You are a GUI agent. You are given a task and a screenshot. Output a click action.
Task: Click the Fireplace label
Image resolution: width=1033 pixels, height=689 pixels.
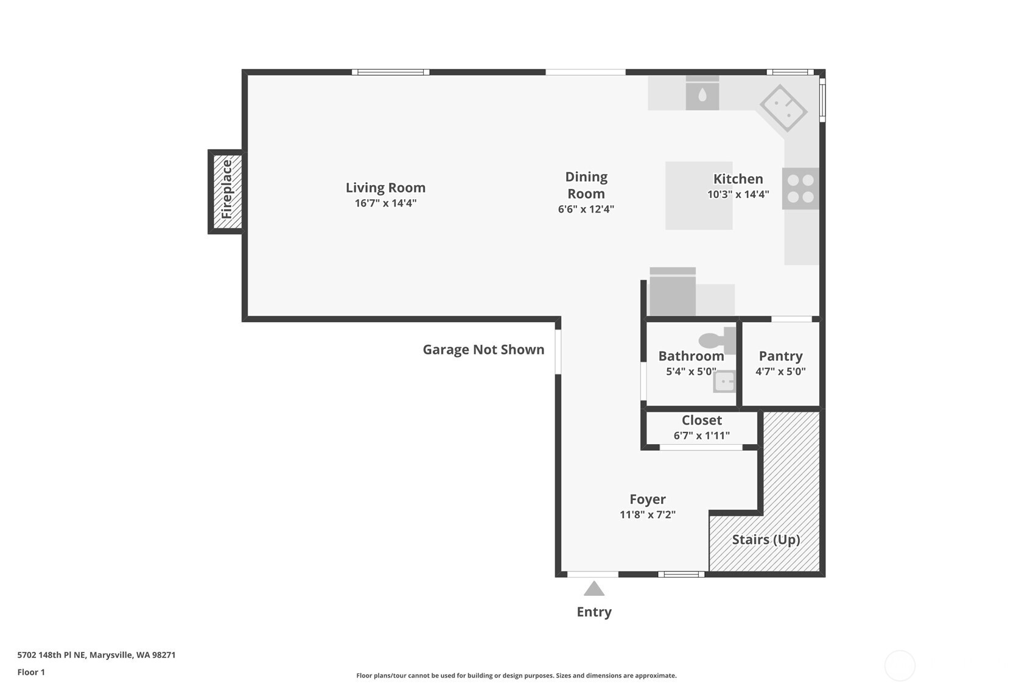[226, 189]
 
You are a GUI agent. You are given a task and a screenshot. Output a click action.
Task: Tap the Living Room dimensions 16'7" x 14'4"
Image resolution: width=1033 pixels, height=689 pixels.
[385, 203]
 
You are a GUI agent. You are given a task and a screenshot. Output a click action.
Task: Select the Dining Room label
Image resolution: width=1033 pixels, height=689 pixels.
[586, 185]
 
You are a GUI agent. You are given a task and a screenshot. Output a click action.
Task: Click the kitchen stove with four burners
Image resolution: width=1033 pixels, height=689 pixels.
[800, 188]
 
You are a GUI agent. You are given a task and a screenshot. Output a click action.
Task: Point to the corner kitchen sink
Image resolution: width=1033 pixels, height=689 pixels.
[783, 109]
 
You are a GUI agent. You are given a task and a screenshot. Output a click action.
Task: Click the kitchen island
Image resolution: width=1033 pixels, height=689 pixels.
[698, 196]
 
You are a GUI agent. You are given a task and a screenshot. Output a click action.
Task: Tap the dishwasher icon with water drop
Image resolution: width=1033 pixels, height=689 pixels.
[702, 94]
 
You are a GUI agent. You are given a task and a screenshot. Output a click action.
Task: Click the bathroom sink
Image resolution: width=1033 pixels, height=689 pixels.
[724, 382]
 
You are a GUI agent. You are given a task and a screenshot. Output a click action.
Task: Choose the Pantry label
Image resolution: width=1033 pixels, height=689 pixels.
[780, 356]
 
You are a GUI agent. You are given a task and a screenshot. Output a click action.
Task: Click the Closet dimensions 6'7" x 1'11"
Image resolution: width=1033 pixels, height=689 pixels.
[701, 436]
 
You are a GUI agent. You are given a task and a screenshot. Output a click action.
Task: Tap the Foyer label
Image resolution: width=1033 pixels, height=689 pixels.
[647, 500]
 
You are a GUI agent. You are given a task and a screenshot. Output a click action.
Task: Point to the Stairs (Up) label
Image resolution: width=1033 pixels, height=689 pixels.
[765, 540]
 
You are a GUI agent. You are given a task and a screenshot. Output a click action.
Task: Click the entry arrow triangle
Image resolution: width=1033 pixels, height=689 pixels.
[594, 589]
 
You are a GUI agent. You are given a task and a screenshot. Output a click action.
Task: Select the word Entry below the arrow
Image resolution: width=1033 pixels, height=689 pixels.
[594, 612]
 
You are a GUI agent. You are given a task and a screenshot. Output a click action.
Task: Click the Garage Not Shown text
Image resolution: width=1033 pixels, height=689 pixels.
[483, 350]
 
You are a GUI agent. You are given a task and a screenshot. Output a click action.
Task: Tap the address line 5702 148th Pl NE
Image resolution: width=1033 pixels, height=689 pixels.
[96, 655]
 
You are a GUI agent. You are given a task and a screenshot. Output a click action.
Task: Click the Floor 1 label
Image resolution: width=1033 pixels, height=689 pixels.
[31, 672]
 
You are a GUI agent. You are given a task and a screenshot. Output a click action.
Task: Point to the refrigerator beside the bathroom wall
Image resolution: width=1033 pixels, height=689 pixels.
[672, 293]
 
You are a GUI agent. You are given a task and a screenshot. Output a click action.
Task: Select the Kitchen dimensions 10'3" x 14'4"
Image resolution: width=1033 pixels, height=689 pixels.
[738, 195]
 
